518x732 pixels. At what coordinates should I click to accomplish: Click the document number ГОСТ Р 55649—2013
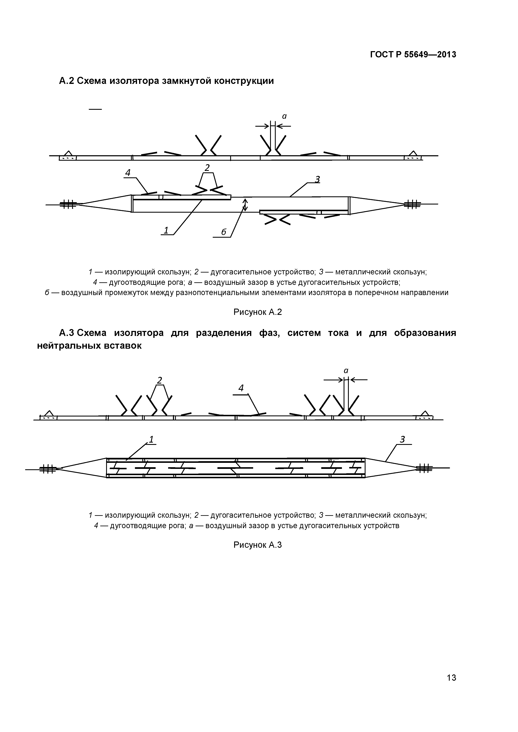pos(413,55)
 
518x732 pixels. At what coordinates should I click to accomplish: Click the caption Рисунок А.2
pos(258,312)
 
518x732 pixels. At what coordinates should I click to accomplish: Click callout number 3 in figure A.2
pos(317,179)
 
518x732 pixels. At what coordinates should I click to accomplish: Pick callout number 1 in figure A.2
pos(166,230)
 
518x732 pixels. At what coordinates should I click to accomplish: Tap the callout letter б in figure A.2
pos(223,232)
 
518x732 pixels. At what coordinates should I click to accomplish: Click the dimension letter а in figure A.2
pos(284,117)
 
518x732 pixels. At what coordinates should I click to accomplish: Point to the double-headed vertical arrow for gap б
pos(245,205)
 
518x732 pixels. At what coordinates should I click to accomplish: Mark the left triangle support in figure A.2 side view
pos(68,153)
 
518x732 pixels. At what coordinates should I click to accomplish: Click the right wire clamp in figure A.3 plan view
pos(424,468)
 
